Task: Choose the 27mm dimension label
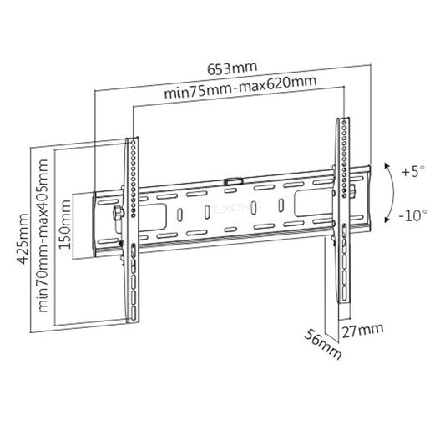pyautogui.click(x=362, y=329)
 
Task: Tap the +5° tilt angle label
pyautogui.click(x=412, y=172)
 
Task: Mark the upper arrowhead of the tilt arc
pyautogui.click(x=385, y=164)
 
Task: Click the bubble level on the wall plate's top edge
pyautogui.click(x=233, y=178)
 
